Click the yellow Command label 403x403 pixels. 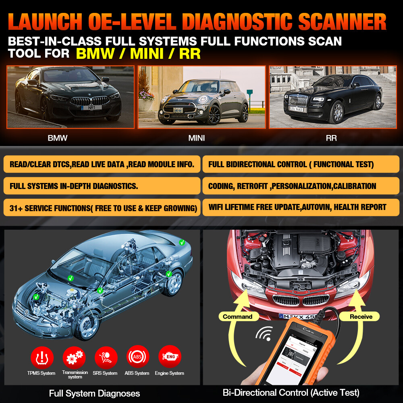[x=238, y=316]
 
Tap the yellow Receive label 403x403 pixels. [x=361, y=316]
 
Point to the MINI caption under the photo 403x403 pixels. [x=197, y=138]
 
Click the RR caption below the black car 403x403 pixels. [x=331, y=138]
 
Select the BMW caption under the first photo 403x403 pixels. [x=58, y=138]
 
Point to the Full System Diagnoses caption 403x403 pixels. [x=94, y=393]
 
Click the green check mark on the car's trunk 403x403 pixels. [x=182, y=242]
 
